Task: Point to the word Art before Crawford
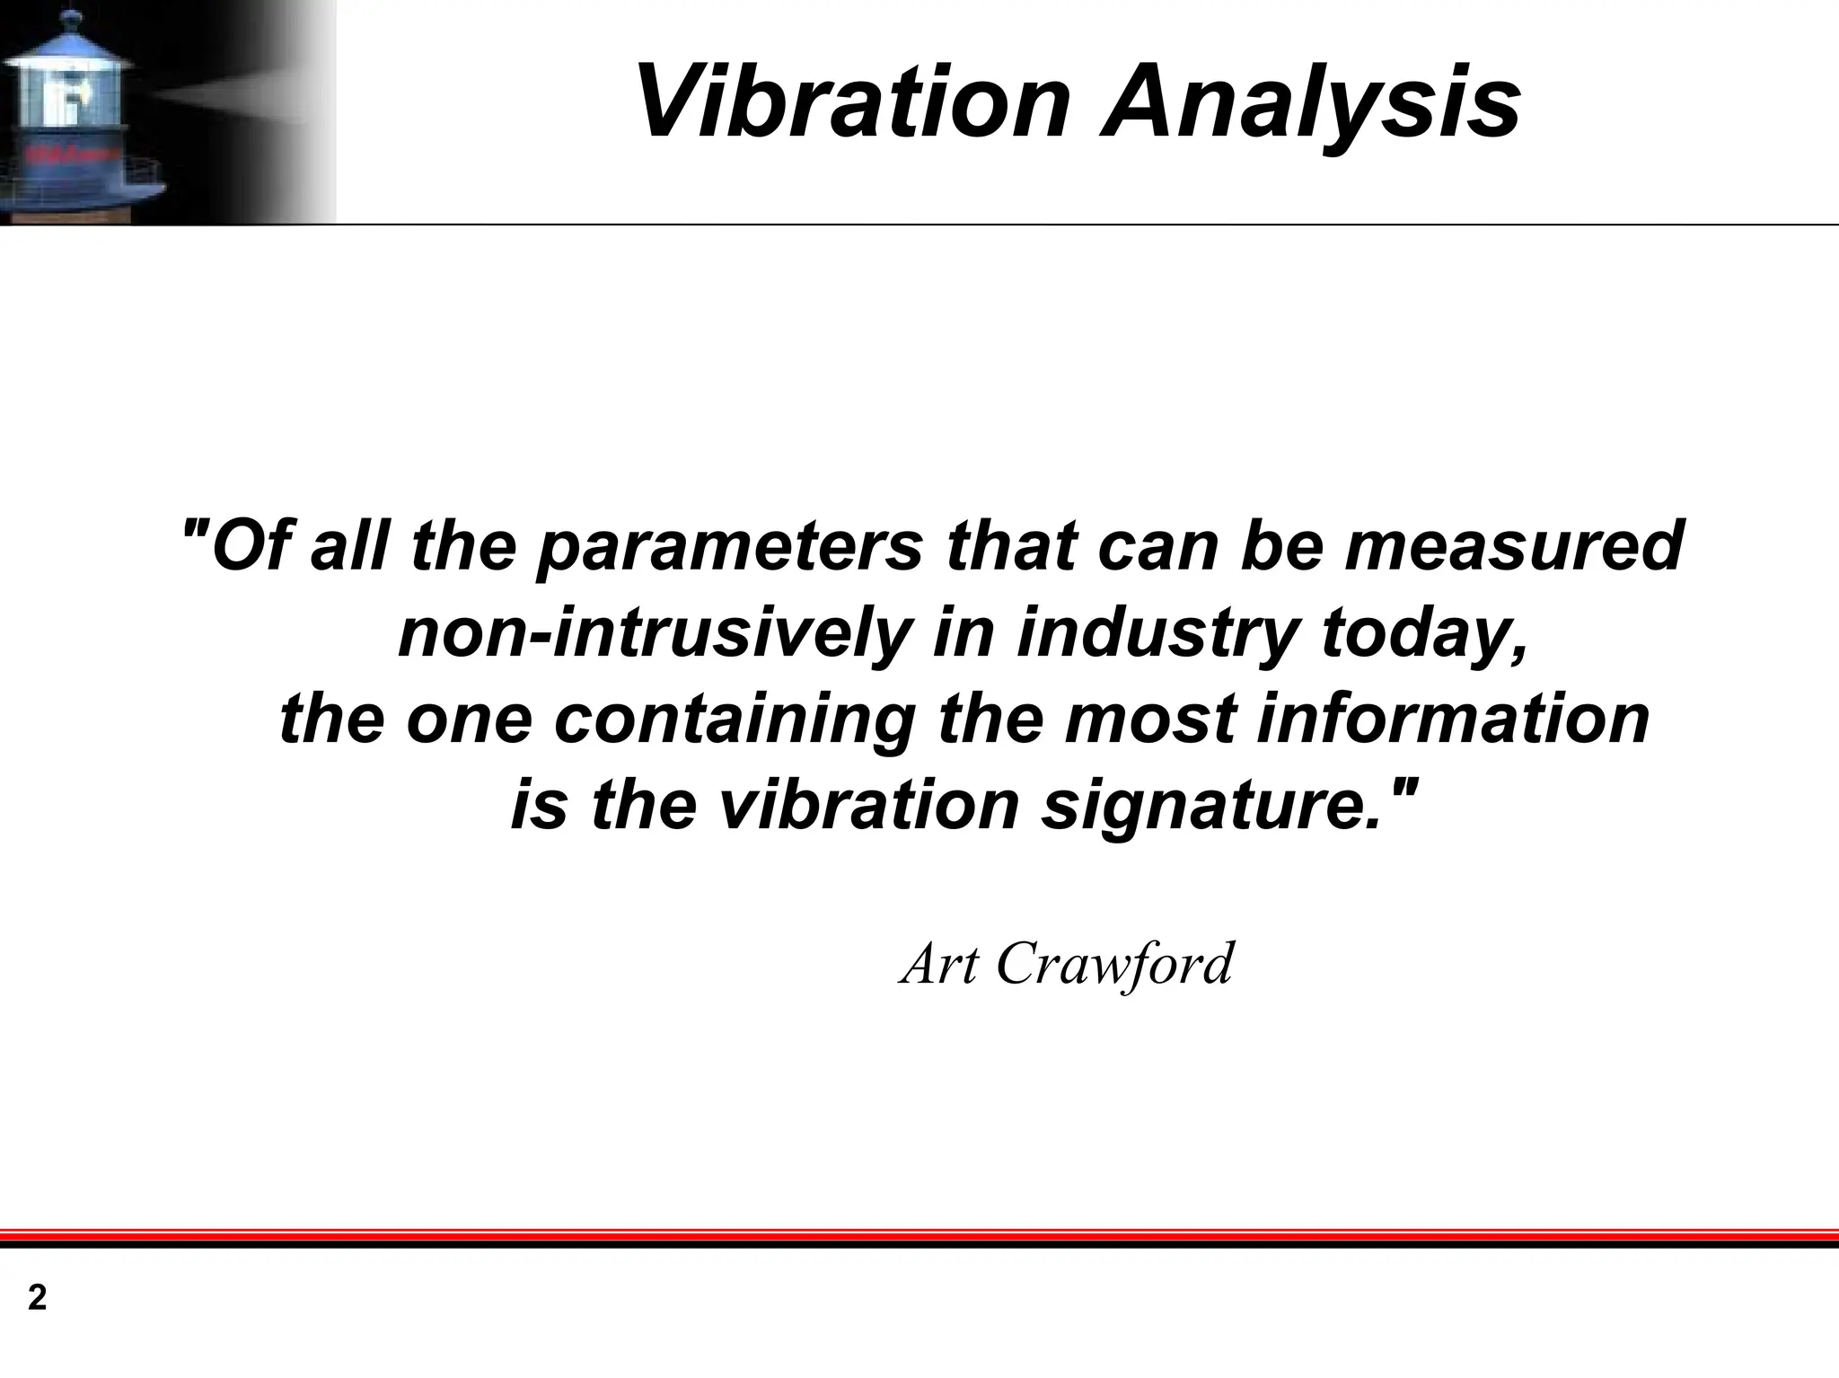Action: point(939,964)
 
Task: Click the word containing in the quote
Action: point(735,719)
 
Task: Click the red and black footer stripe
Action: point(919,1238)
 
